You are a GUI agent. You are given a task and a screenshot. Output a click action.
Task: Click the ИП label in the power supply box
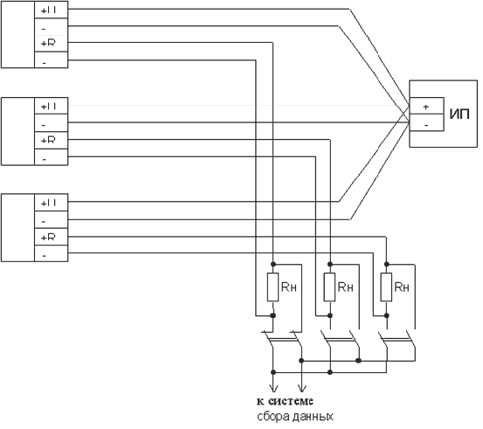(459, 114)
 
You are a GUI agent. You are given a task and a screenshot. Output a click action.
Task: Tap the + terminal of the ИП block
(426, 106)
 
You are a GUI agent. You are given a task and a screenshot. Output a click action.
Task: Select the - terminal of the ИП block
(426, 122)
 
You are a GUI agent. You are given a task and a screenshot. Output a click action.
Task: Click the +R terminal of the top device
(51, 44)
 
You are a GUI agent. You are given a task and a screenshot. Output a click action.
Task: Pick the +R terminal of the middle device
(51, 141)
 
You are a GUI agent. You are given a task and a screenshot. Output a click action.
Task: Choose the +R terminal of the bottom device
(51, 237)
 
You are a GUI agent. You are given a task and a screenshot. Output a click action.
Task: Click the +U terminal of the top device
(51, 10)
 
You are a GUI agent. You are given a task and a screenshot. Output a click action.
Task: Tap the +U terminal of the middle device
(51, 106)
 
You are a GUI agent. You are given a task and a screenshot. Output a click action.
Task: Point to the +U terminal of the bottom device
(51, 203)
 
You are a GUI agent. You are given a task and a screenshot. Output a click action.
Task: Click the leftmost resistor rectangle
(273, 287)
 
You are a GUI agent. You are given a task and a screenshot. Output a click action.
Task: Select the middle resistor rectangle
(329, 287)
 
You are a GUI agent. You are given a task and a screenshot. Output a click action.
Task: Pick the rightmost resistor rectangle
(386, 287)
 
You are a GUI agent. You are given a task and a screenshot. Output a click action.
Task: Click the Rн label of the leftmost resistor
(289, 287)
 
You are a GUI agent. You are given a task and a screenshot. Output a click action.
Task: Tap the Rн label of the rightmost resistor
(402, 287)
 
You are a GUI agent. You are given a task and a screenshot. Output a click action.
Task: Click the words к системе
(285, 401)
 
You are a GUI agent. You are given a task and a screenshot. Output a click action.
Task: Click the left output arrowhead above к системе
(273, 389)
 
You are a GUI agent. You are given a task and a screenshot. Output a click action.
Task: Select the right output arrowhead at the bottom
(301, 389)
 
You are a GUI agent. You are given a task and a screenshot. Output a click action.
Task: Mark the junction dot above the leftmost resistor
(273, 264)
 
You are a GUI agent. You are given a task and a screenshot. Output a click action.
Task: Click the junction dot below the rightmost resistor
(387, 315)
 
